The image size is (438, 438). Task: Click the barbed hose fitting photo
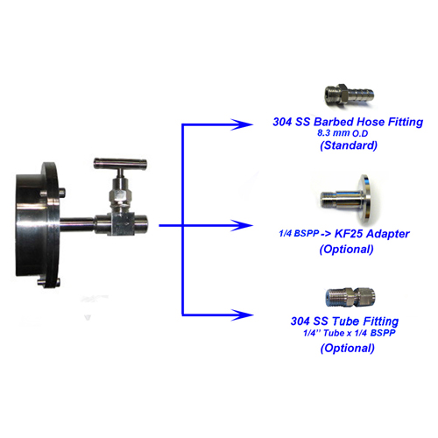coord(349,94)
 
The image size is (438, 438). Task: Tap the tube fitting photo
coord(350,297)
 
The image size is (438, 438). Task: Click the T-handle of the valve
coord(120,164)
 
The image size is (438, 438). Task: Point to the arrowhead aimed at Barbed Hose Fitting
coord(242,124)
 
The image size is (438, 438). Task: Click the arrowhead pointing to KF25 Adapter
coord(242,225)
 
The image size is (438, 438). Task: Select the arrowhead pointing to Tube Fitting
coord(242,315)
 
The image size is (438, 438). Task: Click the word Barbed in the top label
coord(334,122)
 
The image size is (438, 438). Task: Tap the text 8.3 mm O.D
coord(343,133)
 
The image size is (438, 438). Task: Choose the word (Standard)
coord(349,145)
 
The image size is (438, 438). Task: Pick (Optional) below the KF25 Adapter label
coord(347,249)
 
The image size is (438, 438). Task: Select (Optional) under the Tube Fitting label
coord(348,348)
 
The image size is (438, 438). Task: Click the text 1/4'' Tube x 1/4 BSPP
coord(350,333)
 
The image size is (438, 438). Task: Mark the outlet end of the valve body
coord(141,224)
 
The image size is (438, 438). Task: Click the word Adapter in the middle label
coord(387,234)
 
